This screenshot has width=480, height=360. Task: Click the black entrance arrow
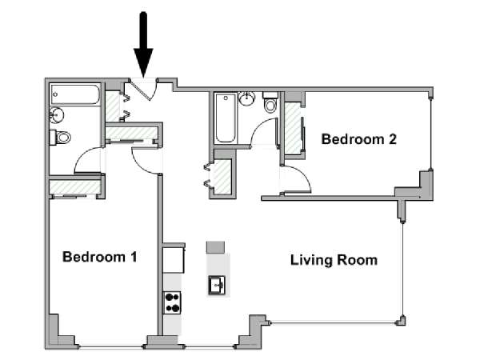click(143, 46)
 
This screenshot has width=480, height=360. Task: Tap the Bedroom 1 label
click(100, 257)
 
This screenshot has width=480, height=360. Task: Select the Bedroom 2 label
click(358, 139)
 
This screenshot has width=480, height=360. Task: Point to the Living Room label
click(334, 260)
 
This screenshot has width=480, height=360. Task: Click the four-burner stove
click(172, 302)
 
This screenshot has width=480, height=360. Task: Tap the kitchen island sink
click(217, 285)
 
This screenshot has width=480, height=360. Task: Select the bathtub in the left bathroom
click(75, 94)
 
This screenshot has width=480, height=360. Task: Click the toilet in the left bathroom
click(60, 137)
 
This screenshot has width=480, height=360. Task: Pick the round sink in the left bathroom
click(56, 115)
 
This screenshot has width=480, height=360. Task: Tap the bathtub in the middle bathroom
click(225, 118)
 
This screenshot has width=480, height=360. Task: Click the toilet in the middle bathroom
click(270, 102)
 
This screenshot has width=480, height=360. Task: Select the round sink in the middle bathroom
click(246, 98)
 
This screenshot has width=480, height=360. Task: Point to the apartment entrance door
click(143, 90)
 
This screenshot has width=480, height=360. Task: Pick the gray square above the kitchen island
click(215, 247)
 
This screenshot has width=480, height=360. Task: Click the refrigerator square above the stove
click(174, 260)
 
